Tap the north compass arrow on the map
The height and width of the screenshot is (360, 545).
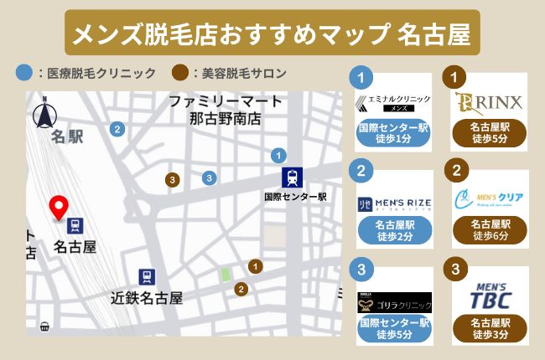coord(42,112)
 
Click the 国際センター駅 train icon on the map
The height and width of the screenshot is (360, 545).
coord(294,177)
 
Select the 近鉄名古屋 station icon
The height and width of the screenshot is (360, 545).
coord(147,277)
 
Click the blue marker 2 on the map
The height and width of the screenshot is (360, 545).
coord(117,129)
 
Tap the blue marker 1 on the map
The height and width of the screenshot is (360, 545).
coord(278,155)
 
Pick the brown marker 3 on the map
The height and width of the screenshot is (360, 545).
coord(172,180)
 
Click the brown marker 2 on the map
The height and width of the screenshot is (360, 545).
coord(241,290)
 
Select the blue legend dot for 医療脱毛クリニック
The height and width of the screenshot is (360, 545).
coord(23,73)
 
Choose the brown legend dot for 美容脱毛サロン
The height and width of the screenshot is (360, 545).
coord(179,73)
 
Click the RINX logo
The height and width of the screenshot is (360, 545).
coord(490,103)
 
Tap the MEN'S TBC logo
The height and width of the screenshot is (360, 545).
coord(489,296)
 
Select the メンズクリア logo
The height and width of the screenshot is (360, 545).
coord(490,199)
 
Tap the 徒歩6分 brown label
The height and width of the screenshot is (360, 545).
coord(490,230)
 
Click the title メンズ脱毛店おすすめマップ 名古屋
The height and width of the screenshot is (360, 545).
coord(272,33)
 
